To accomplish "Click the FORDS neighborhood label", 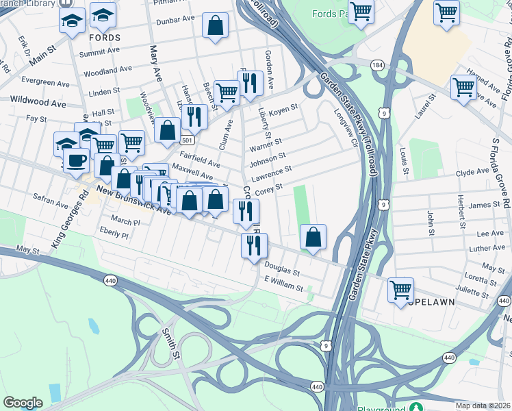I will point(104,38).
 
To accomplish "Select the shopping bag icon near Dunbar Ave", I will point(216,26).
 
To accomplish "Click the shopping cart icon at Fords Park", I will point(361,11).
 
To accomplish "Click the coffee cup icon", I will point(76,160).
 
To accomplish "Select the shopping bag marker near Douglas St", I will point(313,237).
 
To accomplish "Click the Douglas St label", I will point(282,271).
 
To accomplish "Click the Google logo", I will point(23,403).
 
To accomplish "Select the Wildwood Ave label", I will point(38,102).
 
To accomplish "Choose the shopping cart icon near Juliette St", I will point(400,288).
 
